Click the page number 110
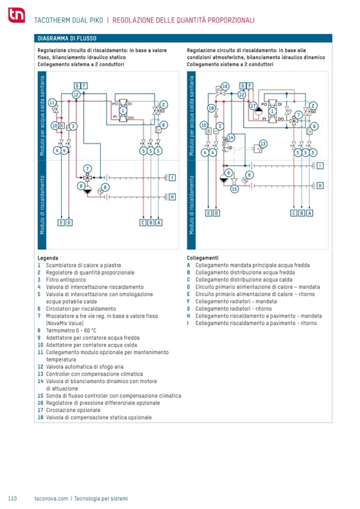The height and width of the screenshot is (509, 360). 13,498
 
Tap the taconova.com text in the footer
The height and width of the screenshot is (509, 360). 51,498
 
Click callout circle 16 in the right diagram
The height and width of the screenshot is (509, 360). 225,86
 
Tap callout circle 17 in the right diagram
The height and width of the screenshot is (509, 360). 253,105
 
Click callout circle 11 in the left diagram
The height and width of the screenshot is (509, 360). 52,102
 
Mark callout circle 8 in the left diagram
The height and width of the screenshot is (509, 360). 105,187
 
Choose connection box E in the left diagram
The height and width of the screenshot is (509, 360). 61,222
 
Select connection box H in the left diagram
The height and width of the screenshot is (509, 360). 172,196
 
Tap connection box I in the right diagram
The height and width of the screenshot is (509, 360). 320,166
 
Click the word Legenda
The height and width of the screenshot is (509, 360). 48,257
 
